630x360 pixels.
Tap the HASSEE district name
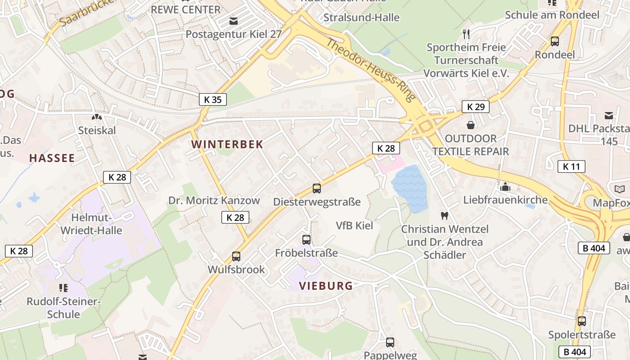coord(52,158)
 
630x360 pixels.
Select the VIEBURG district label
coord(326,286)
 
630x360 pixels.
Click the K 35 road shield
coord(212,99)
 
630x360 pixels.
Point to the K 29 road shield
coord(476,107)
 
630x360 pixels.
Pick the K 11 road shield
coord(571,166)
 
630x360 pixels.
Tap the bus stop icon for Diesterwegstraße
coord(317,189)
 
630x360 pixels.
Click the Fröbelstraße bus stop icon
coord(306,240)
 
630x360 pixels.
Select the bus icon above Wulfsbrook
coord(236,256)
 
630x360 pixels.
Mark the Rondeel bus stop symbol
coord(555,41)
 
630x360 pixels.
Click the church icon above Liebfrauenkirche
coord(505,186)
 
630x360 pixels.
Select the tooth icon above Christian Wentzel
coord(445,216)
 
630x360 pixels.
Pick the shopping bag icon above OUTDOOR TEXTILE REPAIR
coord(471,125)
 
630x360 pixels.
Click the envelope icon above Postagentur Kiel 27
coord(234,21)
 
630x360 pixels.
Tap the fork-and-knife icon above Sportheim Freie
coord(466,34)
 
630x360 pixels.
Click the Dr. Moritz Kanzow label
coord(214,201)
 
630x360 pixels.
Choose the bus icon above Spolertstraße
coord(582,321)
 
